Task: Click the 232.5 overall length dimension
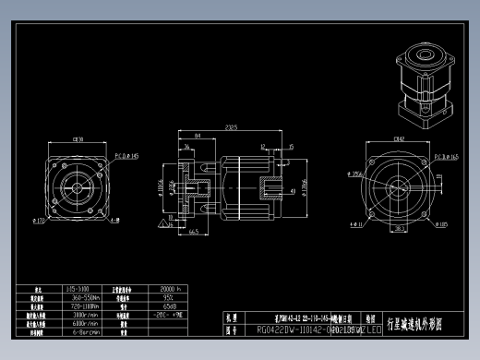coord(230,127)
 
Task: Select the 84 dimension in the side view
coord(198,135)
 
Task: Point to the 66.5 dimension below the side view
coord(195,233)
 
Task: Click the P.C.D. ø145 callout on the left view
coord(126,157)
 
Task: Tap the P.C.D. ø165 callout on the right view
coord(445,157)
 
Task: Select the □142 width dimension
coord(399,138)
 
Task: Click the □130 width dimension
coord(78,139)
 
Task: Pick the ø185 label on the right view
coord(443,222)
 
